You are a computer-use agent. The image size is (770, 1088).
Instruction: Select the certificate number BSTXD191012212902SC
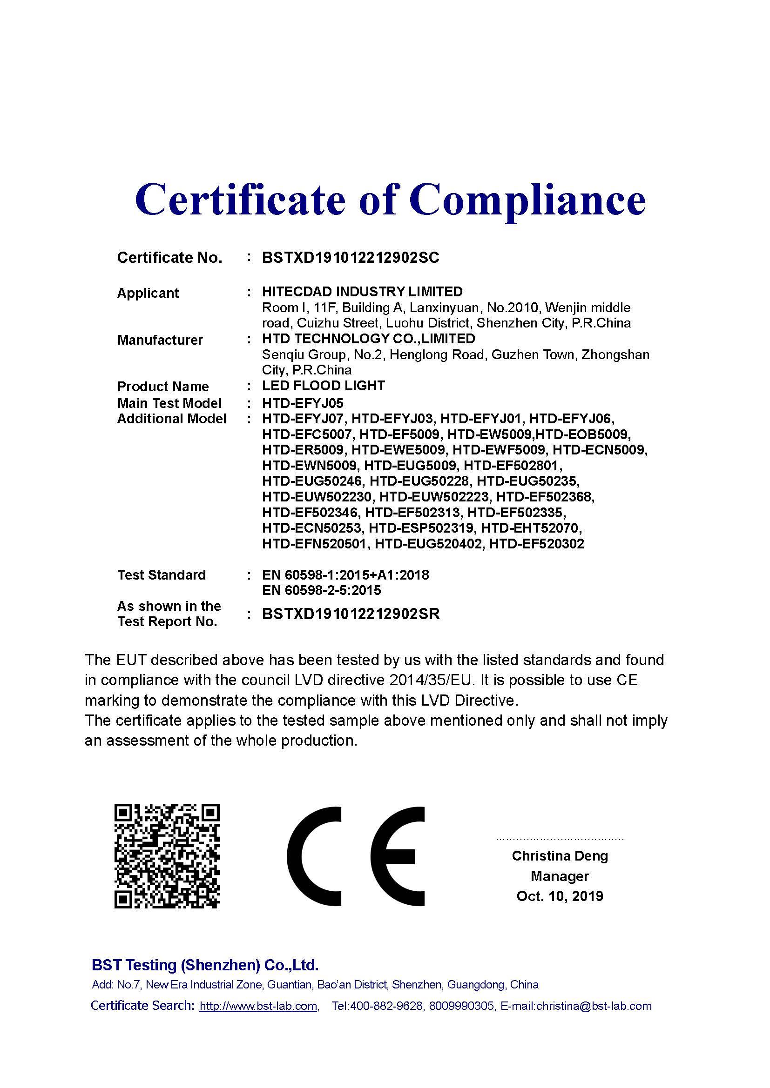[351, 258]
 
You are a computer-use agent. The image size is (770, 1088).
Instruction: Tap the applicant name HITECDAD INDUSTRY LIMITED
[362, 292]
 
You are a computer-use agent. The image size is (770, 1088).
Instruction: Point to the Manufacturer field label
[160, 340]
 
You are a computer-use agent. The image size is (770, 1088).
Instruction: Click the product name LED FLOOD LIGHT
[324, 386]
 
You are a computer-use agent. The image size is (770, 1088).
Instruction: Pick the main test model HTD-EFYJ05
[303, 403]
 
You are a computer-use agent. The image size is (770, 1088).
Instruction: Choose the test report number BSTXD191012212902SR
[351, 614]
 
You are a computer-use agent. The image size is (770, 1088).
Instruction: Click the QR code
[167, 856]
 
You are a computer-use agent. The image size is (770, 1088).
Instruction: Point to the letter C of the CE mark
[314, 856]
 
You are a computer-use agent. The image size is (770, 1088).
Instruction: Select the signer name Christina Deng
[560, 856]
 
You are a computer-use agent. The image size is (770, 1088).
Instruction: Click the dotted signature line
[560, 839]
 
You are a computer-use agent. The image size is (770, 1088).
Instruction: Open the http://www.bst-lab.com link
[258, 1006]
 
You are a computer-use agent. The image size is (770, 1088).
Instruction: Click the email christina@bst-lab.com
[594, 1006]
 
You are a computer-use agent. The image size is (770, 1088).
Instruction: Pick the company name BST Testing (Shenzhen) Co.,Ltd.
[205, 965]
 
